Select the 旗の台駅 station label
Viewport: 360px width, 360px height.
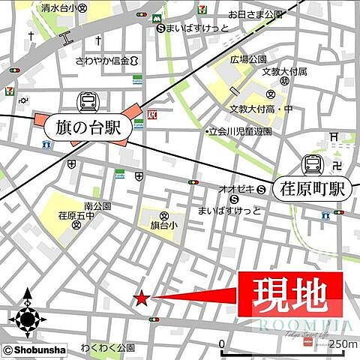point(87,127)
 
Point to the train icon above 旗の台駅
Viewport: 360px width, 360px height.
point(87,101)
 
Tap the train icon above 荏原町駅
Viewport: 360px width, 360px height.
point(312,164)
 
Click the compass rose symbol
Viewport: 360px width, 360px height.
point(28,319)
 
